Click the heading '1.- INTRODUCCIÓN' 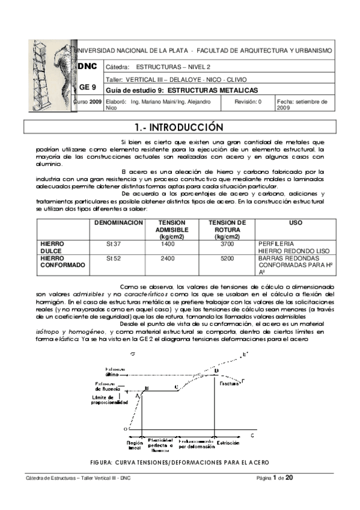coord(180,128)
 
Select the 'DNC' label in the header coord(88,66)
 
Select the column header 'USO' coord(295,223)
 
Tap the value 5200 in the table coord(227,257)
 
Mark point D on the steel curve coord(216,371)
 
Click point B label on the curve coord(147,389)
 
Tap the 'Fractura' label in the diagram coord(229,382)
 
